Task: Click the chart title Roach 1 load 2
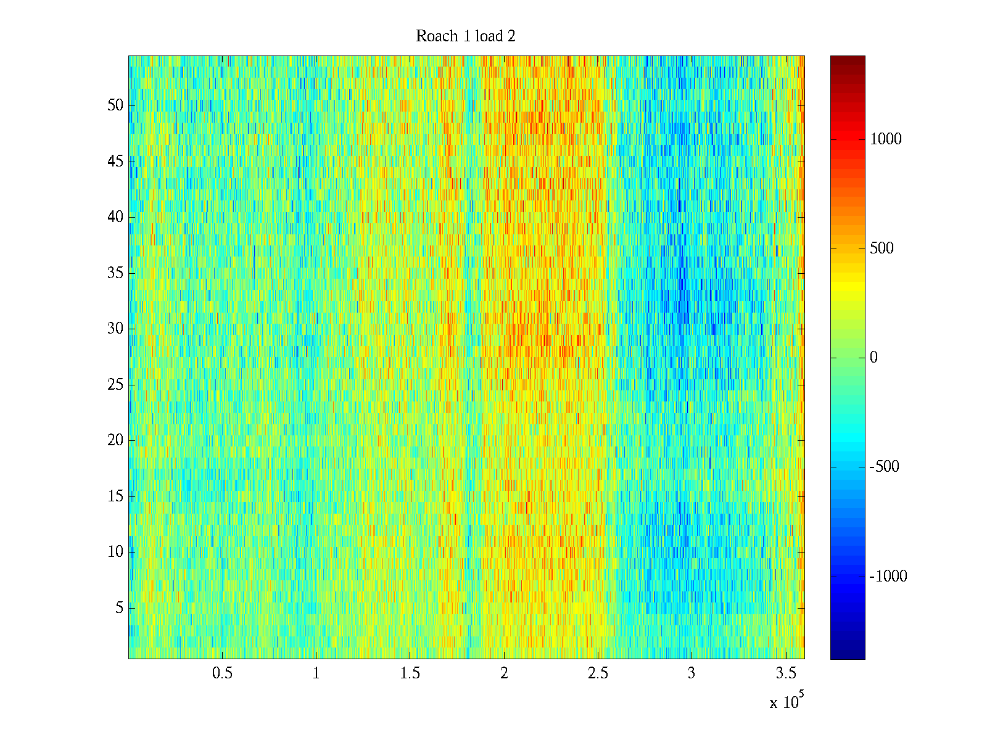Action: point(466,36)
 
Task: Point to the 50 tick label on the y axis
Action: point(115,105)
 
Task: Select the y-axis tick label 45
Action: point(115,162)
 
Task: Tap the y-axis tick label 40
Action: point(115,217)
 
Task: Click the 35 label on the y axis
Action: point(115,273)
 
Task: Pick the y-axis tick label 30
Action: point(115,329)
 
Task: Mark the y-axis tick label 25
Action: point(115,385)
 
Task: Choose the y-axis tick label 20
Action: point(115,440)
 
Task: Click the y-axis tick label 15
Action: point(115,496)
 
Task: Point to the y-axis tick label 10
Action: point(115,552)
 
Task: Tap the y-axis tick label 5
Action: point(119,608)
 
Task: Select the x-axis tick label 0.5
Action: point(223,673)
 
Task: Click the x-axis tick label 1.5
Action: point(410,673)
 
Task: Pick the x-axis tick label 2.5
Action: point(598,673)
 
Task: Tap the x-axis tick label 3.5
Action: point(785,673)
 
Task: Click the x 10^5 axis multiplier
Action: point(787,702)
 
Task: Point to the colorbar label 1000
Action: point(886,139)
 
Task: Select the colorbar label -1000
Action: point(888,577)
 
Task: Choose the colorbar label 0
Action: point(873,358)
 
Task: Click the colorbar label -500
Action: point(885,467)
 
